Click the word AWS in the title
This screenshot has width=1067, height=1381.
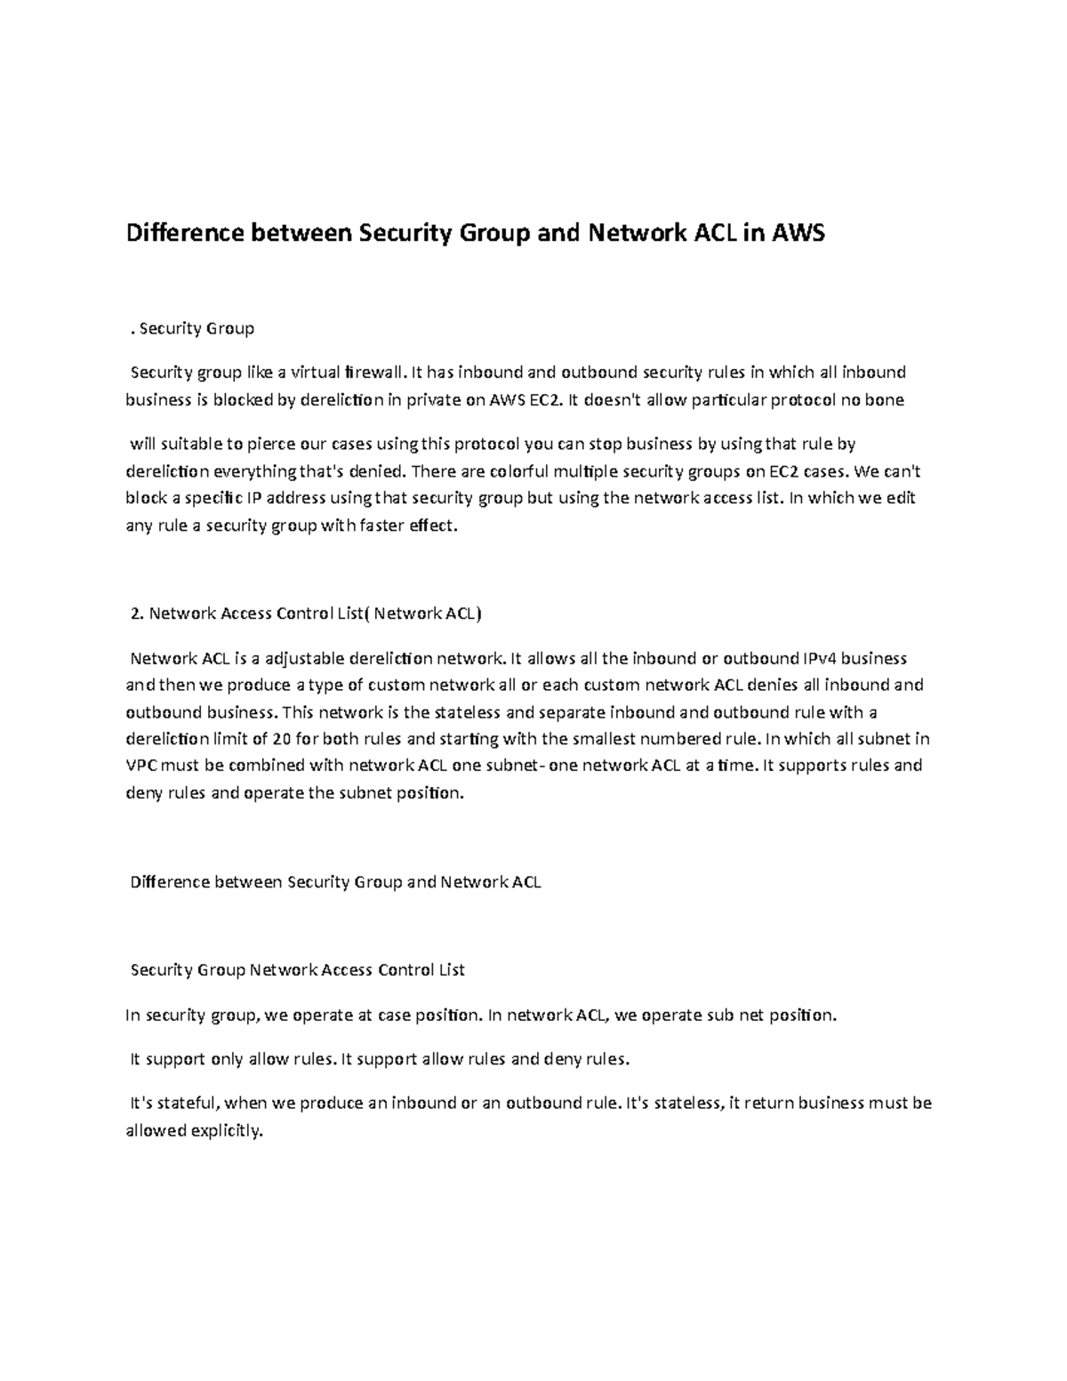798,234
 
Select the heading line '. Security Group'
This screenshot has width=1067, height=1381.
191,329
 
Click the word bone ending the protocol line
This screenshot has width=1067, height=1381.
885,400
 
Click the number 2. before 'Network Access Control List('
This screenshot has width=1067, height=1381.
136,614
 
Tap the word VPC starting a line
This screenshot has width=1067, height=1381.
141,767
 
